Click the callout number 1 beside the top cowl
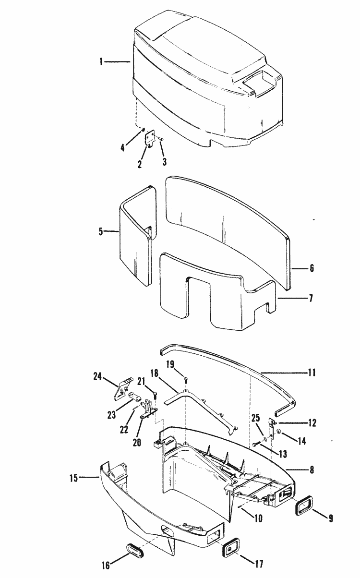(101, 62)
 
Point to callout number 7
(311, 299)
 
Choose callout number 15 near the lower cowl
(74, 478)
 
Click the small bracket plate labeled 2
(152, 138)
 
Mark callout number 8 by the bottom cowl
(312, 470)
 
